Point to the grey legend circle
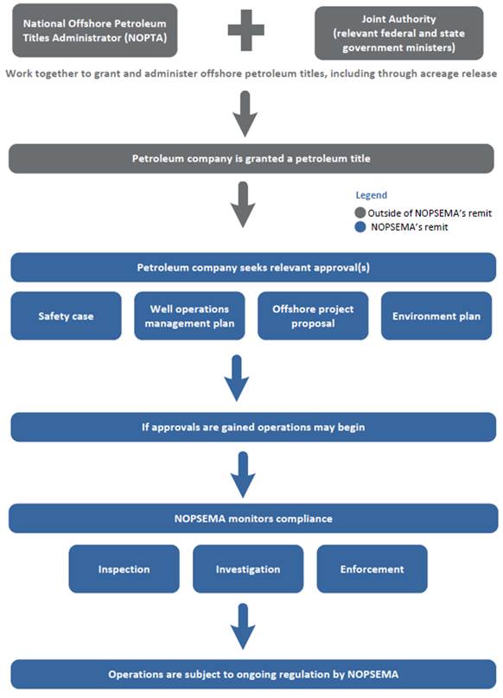(x=360, y=213)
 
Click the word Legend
(x=371, y=195)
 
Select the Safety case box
(x=66, y=316)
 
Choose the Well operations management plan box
(x=189, y=316)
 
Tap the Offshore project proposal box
(x=312, y=316)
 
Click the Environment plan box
(x=436, y=316)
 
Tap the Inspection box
(x=124, y=569)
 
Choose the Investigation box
(x=248, y=569)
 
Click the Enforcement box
(x=372, y=569)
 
